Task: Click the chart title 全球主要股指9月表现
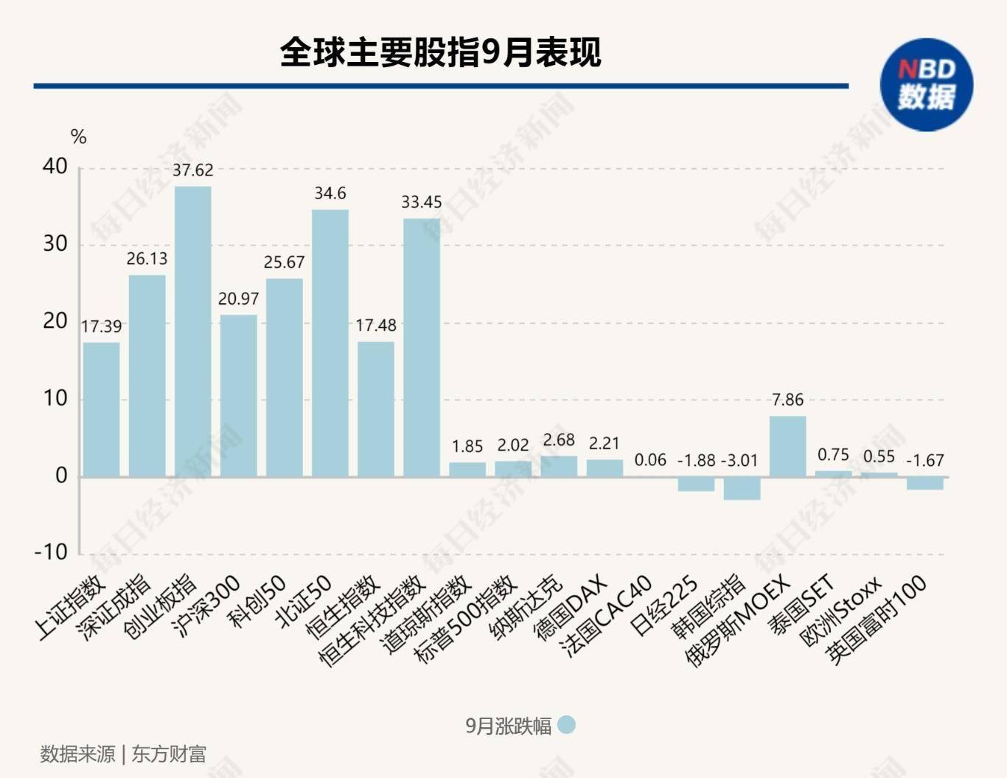(x=440, y=52)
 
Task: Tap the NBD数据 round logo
(x=926, y=85)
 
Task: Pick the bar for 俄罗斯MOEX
(x=787, y=446)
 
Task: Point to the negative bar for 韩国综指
(x=742, y=488)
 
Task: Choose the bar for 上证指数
(x=101, y=409)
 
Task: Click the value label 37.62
(x=192, y=170)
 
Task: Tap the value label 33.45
(x=421, y=202)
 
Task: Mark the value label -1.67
(x=924, y=461)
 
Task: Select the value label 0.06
(x=650, y=460)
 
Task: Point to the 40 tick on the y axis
(x=55, y=167)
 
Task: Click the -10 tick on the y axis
(x=50, y=552)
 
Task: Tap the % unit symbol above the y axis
(x=78, y=137)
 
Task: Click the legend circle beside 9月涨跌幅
(x=566, y=726)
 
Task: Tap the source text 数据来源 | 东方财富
(x=123, y=754)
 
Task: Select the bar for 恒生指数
(x=375, y=409)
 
